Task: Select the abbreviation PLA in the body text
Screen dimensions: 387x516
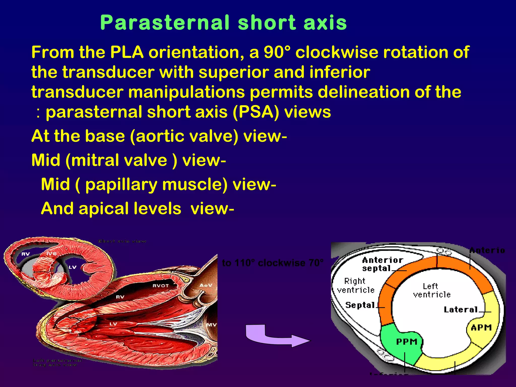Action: [126, 52]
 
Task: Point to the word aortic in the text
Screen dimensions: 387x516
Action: [158, 136]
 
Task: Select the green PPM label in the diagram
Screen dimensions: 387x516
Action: [407, 342]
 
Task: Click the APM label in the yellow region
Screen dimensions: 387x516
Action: [481, 328]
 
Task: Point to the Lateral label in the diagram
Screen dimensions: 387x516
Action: [461, 310]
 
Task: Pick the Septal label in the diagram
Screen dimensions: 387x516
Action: [360, 305]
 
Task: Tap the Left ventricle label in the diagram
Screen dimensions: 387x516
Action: [432, 290]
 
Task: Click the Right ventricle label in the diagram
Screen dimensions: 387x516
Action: [356, 285]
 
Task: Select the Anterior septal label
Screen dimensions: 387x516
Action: [382, 264]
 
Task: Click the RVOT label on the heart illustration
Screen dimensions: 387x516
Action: [160, 286]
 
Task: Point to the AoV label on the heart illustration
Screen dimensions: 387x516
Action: [206, 285]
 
